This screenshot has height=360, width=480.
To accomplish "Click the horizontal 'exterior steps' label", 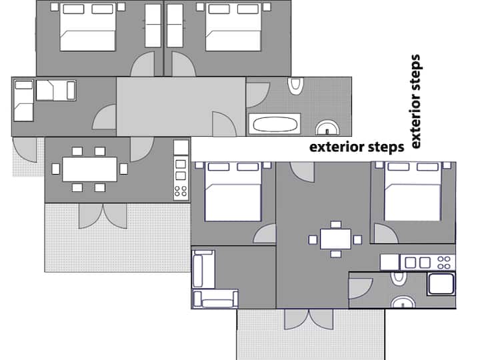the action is (x=357, y=147).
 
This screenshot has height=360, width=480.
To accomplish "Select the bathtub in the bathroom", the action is (x=275, y=124).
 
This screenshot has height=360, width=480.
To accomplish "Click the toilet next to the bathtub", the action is (x=296, y=86).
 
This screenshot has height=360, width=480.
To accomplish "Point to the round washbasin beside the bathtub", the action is (x=327, y=128).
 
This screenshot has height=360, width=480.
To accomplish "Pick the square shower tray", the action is (x=441, y=284).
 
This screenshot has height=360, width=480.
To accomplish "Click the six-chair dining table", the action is (x=89, y=169).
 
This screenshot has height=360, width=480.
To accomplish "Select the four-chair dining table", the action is (x=335, y=239).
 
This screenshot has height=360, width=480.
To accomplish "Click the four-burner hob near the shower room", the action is (x=444, y=263).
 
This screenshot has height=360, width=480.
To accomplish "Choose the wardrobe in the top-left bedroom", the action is (x=153, y=26).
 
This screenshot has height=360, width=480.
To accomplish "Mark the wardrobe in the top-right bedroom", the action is (x=175, y=26).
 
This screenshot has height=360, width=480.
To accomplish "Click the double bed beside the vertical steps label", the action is (x=413, y=191).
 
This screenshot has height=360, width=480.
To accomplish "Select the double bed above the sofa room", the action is (x=233, y=191).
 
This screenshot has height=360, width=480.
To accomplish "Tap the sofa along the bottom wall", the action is (x=215, y=299).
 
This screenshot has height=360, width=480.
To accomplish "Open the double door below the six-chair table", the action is (x=103, y=216).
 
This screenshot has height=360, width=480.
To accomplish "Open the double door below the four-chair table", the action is (x=309, y=319).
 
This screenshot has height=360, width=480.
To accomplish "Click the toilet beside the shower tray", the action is (x=399, y=278).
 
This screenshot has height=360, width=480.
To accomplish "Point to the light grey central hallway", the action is (x=181, y=107).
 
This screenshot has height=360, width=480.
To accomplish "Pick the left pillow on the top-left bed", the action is (x=73, y=9).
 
